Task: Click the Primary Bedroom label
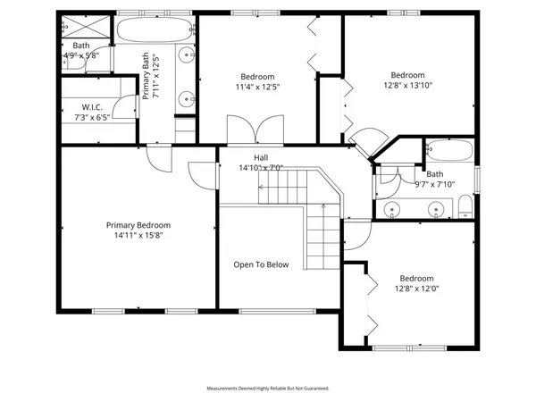click(138, 225)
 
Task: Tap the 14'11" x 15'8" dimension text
click(138, 237)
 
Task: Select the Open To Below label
click(261, 264)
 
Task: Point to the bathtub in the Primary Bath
click(155, 30)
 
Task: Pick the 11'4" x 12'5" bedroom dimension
click(256, 88)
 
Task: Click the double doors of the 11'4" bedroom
click(242, 130)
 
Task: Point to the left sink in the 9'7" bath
click(393, 211)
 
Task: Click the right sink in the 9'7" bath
click(436, 211)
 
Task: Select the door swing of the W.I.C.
click(129, 89)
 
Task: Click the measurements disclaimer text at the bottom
click(268, 389)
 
